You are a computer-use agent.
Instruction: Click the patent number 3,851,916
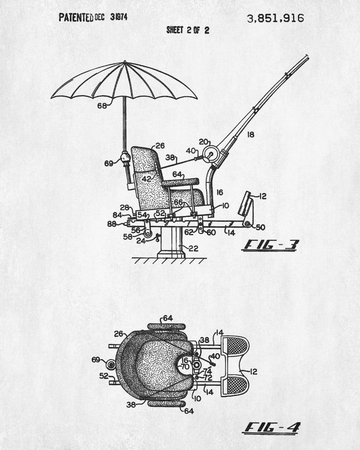coord(275,18)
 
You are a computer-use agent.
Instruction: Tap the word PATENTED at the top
coord(76,18)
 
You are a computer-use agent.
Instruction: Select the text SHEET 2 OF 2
coord(188,30)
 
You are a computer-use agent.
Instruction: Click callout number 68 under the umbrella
coord(103,106)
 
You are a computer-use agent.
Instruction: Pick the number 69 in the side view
coord(109,163)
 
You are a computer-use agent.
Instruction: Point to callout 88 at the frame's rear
coord(112,224)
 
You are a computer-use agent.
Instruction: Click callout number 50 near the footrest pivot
coord(261,226)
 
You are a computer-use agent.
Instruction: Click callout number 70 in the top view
coord(185,366)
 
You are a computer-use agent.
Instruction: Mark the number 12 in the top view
coord(253,371)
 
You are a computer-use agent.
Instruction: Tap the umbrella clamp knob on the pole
coord(125,157)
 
